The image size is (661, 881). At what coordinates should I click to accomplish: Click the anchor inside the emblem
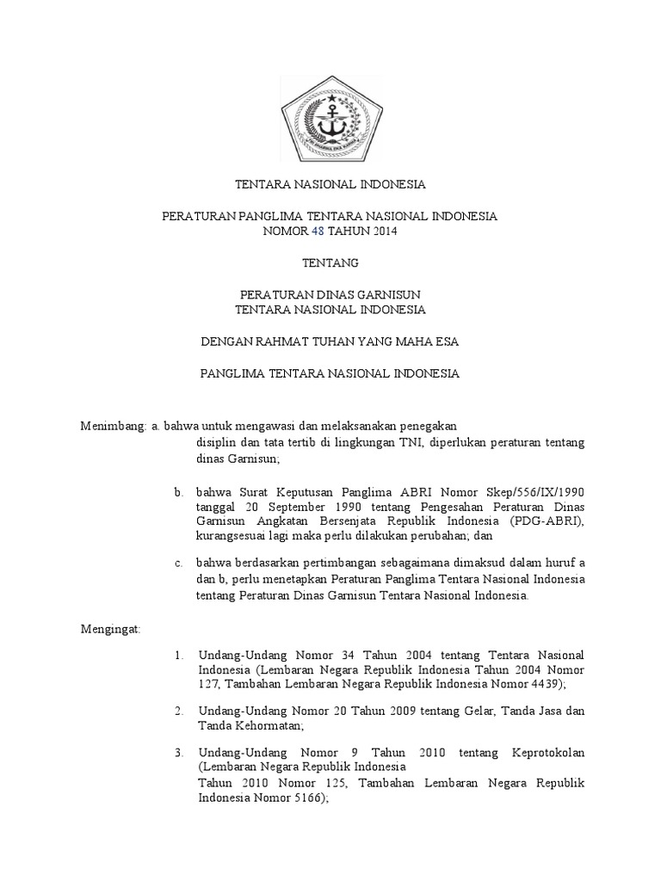coord(330,120)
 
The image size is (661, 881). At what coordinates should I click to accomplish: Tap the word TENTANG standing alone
coord(330,262)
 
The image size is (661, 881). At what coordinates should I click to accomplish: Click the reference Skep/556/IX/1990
coord(535,492)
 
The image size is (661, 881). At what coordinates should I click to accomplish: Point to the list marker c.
coord(177,564)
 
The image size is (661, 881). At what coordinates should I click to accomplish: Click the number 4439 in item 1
coord(546,684)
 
